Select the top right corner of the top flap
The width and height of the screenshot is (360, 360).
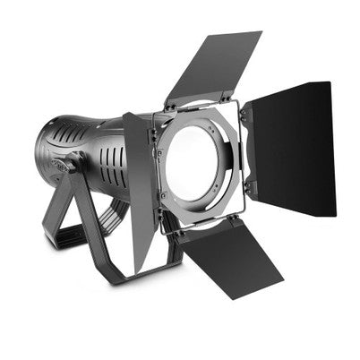pos(261,34)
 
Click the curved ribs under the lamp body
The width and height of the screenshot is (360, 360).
pos(114,215)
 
